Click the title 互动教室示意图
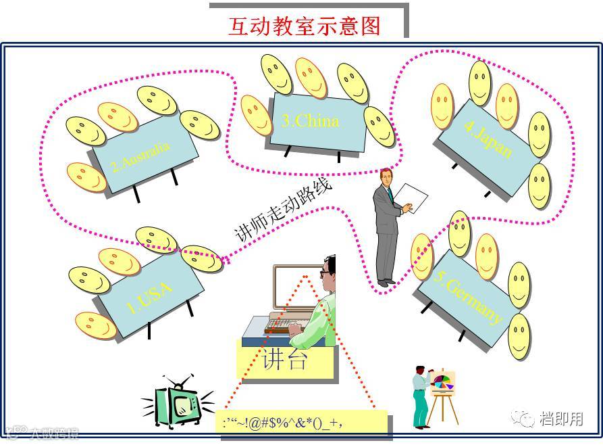305,26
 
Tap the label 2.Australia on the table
141,156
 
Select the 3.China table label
309,122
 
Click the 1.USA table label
150,297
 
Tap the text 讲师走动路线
284,210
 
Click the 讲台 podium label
285,358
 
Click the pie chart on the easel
442,382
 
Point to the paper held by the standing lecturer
411,199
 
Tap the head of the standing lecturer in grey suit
385,177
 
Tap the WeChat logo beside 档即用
523,419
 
